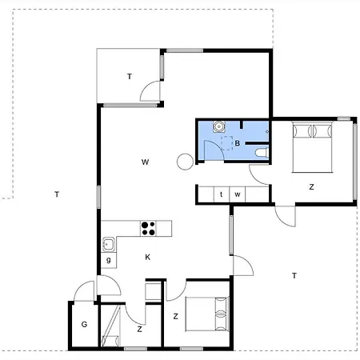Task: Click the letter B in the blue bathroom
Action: point(238,143)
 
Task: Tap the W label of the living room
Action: point(145,162)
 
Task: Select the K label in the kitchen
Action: point(148,257)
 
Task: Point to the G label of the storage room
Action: point(84,324)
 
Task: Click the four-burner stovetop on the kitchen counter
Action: point(148,229)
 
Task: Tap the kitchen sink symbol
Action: point(109,244)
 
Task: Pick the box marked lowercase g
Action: point(109,260)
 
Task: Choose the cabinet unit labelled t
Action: point(222,194)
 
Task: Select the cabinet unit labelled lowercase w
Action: point(238,194)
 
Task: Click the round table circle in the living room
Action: point(185,162)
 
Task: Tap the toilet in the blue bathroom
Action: point(262,153)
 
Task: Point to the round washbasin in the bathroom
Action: point(219,126)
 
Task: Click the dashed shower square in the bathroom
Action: point(227,143)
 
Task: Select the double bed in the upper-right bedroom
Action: point(312,147)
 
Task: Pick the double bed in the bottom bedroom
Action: point(207,314)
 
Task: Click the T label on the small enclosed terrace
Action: point(130,77)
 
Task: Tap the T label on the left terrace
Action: point(57,194)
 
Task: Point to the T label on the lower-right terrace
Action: point(294,275)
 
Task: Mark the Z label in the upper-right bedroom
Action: point(311,187)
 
